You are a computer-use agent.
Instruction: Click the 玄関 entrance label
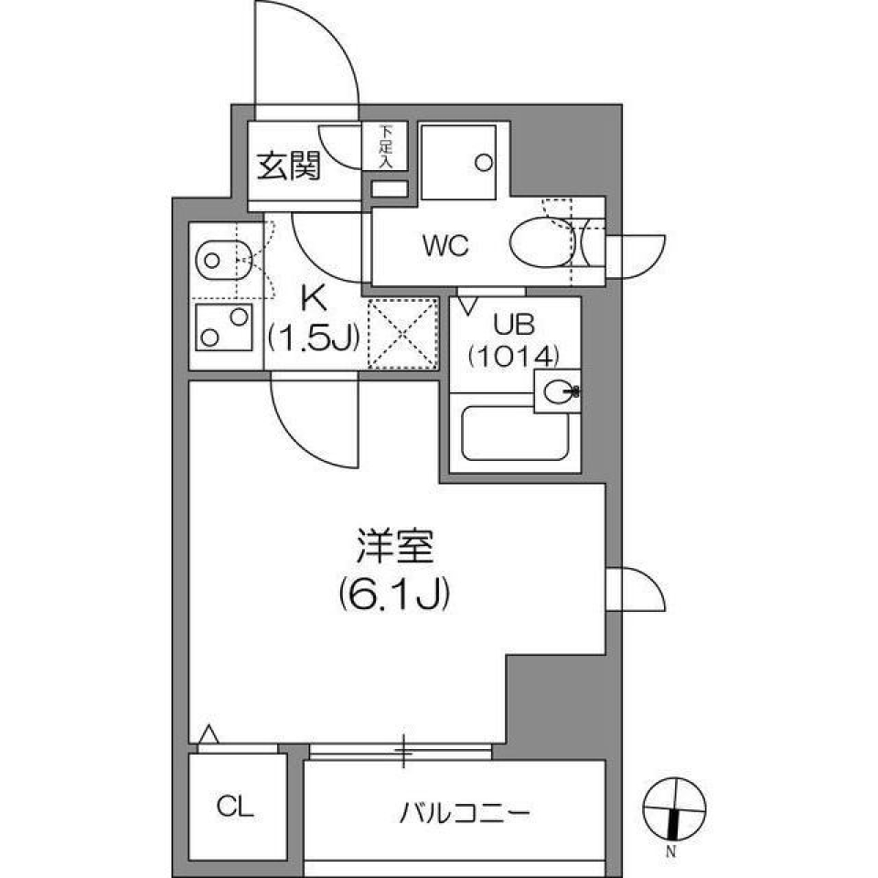coord(288,168)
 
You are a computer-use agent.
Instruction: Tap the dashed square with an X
coord(403,333)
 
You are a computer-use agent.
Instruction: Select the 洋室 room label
coord(394,549)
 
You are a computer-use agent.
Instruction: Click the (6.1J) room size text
coord(394,595)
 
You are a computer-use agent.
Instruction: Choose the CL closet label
coord(236,806)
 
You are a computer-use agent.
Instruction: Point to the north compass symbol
coord(674,810)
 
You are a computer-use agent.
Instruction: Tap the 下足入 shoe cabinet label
coord(385,145)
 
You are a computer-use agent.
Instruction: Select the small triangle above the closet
coord(209,733)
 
